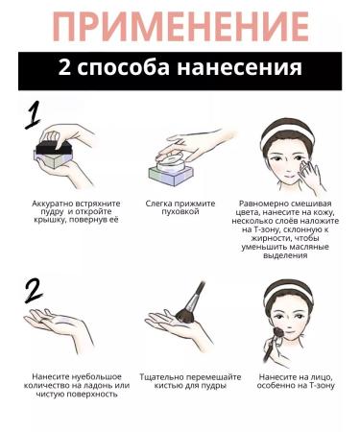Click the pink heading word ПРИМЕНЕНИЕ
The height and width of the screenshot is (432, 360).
point(181,27)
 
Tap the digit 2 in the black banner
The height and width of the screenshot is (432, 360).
point(64,67)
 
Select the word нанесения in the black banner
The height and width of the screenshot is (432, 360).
point(239,68)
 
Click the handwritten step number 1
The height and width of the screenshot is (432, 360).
point(33,114)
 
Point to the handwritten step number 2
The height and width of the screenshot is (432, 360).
point(34,291)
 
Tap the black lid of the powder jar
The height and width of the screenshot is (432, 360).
point(54,148)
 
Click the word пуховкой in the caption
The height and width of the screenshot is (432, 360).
point(180,212)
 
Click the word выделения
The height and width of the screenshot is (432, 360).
point(285,255)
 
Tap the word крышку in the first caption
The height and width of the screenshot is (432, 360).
point(50,221)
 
